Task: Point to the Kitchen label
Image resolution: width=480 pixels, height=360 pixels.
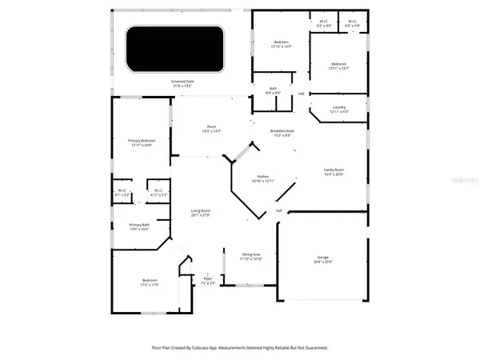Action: (263, 177)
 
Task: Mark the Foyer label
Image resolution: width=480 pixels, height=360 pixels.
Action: (208, 280)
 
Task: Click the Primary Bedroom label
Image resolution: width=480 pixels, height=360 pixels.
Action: (142, 141)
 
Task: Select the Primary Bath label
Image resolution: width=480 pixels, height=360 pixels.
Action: (140, 225)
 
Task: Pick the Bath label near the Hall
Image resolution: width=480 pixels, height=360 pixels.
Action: (273, 89)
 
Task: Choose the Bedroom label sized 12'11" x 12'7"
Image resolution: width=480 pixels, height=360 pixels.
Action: (338, 63)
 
